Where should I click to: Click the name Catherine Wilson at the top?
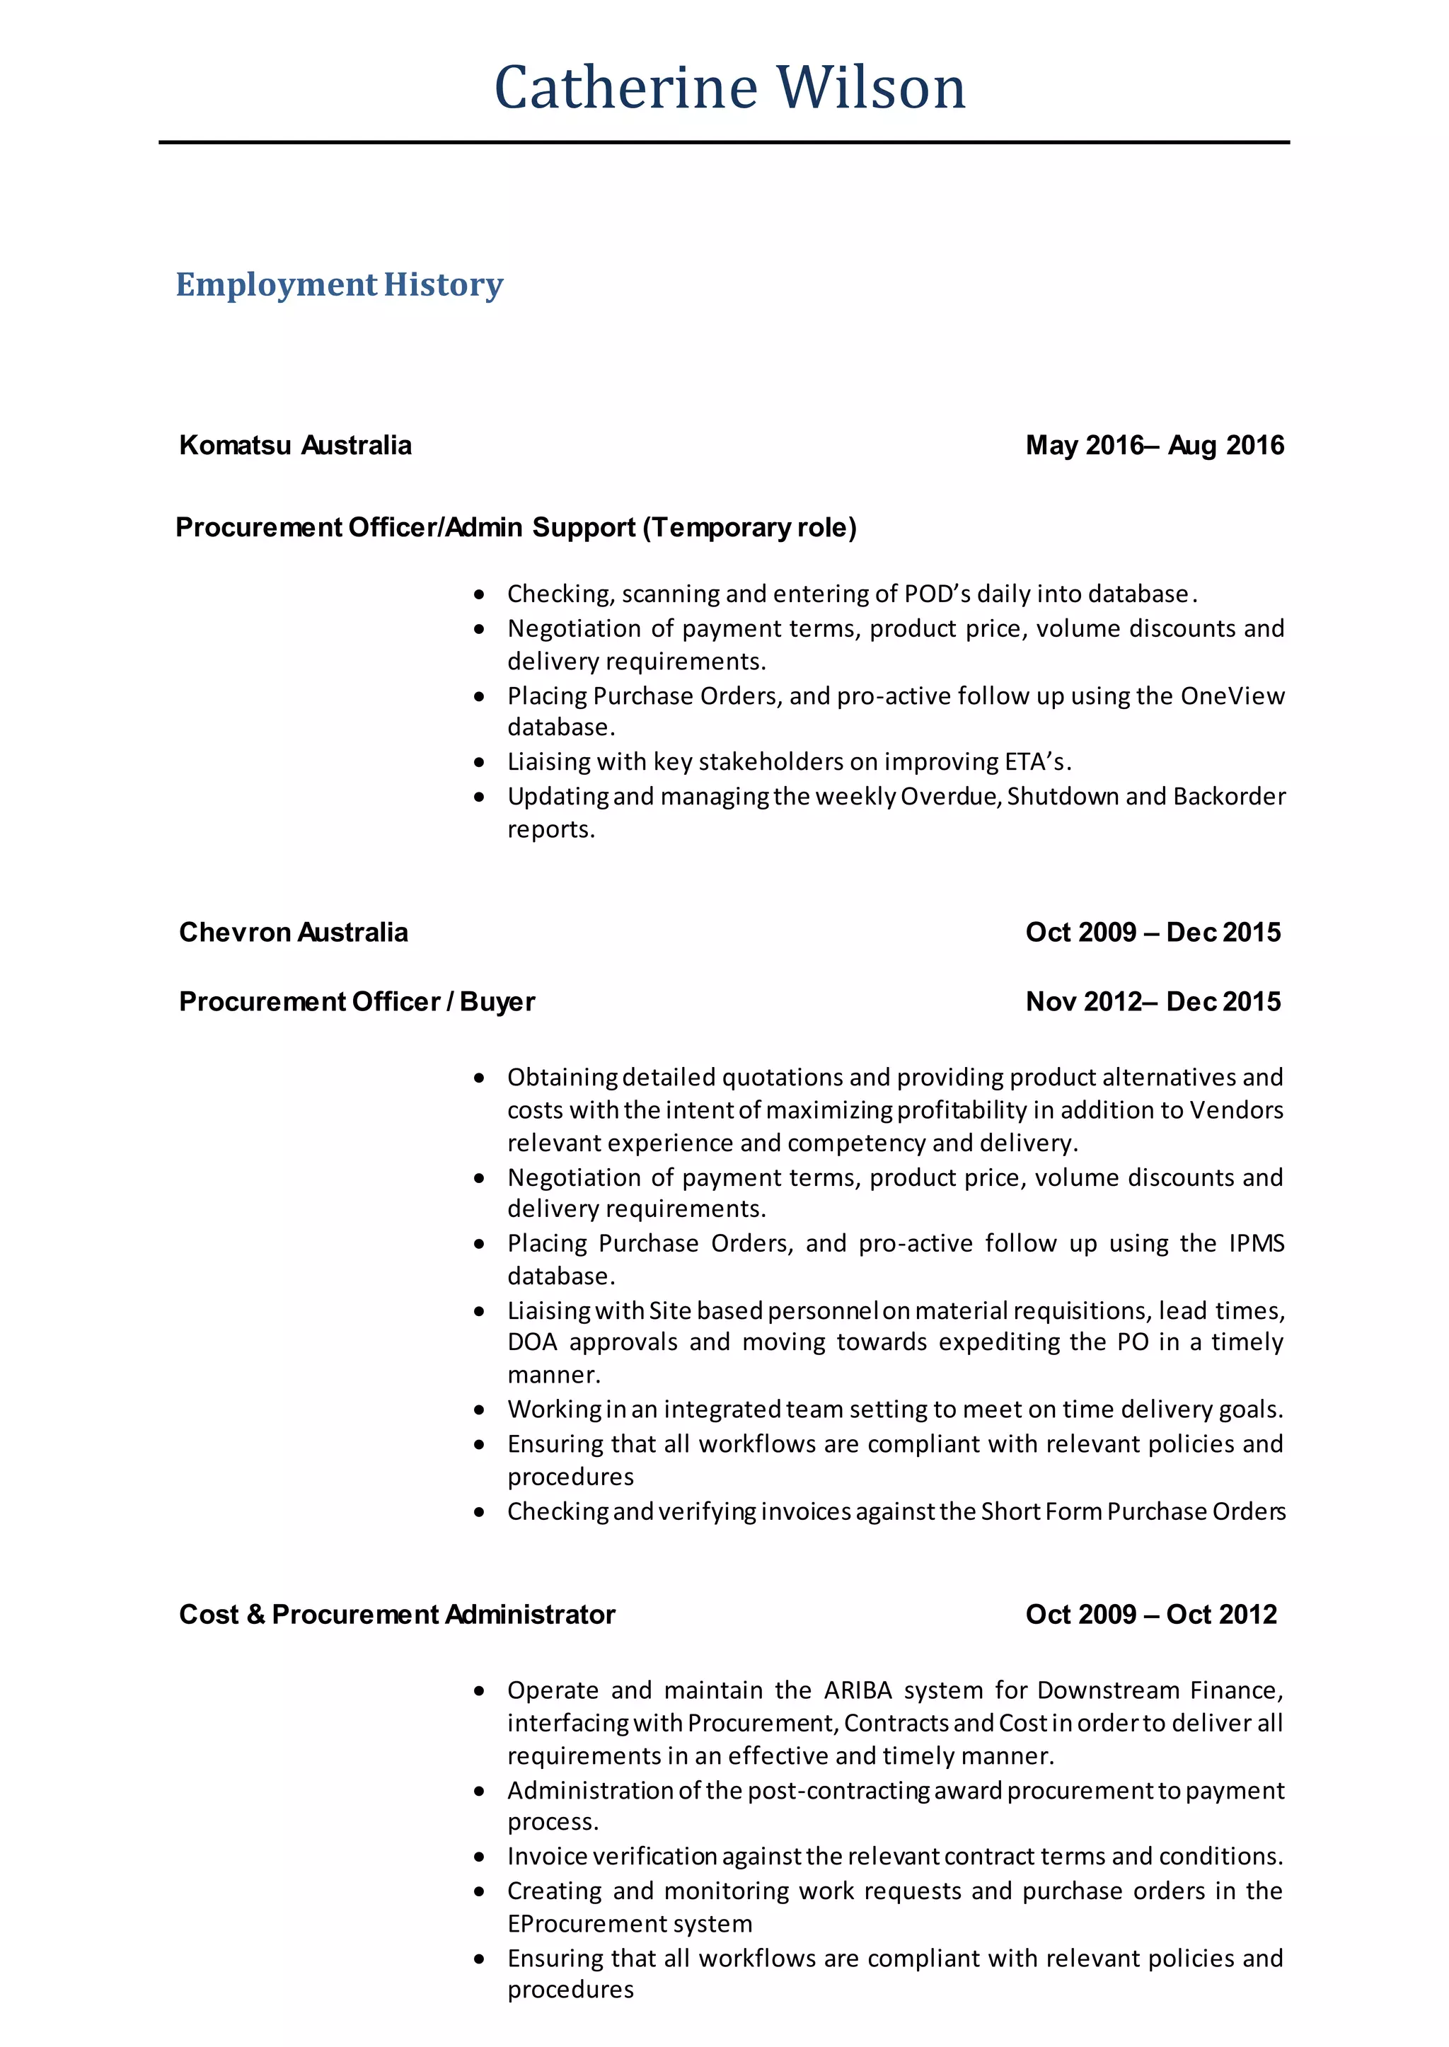click(730, 88)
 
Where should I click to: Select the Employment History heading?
click(339, 284)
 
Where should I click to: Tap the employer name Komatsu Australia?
click(295, 445)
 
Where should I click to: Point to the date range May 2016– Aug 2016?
click(1155, 445)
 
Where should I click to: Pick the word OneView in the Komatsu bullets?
click(1232, 696)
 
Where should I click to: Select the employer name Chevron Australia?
click(294, 933)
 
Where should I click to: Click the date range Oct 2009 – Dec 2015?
click(1153, 933)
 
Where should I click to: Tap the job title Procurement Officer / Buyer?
click(357, 1002)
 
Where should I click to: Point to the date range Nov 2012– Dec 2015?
click(1153, 1002)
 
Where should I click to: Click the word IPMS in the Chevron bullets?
click(1257, 1244)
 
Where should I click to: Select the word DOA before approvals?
click(532, 1342)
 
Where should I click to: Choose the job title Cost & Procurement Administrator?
click(397, 1614)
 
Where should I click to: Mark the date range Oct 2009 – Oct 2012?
click(1151, 1614)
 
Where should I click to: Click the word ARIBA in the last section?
click(858, 1691)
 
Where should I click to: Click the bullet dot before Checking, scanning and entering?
click(479, 594)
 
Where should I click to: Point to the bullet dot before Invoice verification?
click(479, 1857)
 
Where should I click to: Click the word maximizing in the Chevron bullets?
click(829, 1110)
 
